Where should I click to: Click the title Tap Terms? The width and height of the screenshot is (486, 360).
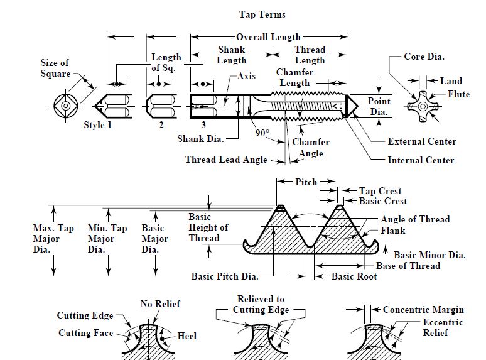pos(262,14)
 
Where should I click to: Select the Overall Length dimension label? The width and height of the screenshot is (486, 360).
pos(268,37)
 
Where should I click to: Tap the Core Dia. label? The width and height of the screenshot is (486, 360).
pos(424,57)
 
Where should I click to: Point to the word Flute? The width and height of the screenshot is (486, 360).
pos(458,95)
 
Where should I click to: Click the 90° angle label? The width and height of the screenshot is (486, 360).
pos(262,133)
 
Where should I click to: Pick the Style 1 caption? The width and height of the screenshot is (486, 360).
pos(97,125)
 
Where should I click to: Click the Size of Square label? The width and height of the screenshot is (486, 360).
pos(55,68)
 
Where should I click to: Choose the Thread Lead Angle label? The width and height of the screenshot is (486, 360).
pos(226,160)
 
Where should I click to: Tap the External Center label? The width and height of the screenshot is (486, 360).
pos(422,141)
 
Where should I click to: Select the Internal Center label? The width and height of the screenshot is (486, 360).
pos(421,160)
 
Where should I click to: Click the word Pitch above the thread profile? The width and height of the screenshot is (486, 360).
pos(306,182)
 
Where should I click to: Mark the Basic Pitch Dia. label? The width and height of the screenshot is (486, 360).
pos(224,276)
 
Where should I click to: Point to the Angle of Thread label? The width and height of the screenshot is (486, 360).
pos(415,219)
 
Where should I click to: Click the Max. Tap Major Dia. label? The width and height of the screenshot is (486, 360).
pos(53,239)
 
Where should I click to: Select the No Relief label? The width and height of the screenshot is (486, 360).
pos(160,304)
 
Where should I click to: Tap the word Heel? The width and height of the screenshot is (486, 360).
pos(186,336)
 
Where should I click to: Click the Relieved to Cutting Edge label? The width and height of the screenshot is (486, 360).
pos(261,305)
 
